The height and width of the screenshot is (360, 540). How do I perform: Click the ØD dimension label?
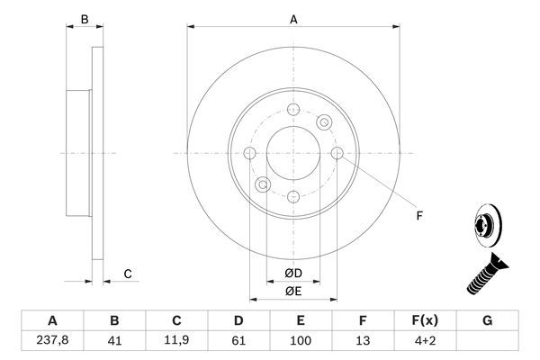point(293,274)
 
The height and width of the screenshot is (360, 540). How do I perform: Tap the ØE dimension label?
point(293,291)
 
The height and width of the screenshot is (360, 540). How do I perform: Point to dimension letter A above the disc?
point(293,18)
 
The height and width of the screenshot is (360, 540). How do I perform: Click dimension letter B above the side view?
point(84,18)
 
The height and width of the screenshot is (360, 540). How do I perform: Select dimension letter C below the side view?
point(128,274)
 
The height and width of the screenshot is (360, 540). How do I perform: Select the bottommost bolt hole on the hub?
point(293,196)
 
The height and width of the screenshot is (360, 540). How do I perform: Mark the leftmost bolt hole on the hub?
point(250,153)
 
